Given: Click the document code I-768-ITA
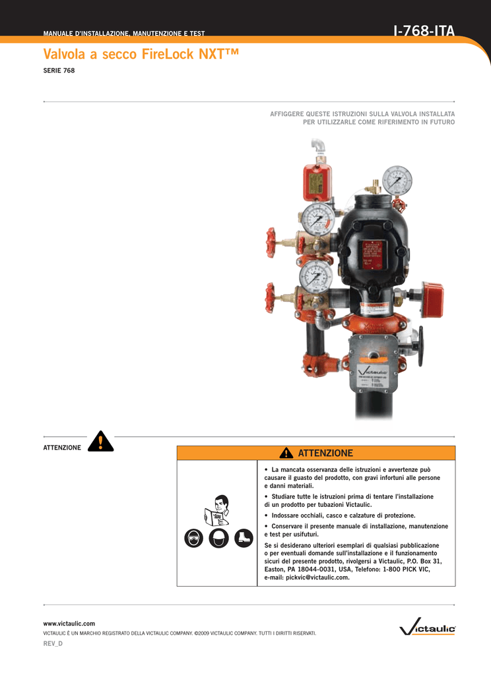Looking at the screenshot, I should point(423,30).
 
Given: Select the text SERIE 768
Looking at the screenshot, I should point(59,71).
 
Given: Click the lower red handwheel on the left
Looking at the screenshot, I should point(271,297).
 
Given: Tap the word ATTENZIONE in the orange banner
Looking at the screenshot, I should point(325,453).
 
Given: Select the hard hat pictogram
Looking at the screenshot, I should point(218,538).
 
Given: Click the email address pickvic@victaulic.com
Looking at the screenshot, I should point(307,577).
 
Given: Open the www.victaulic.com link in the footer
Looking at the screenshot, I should point(69,623).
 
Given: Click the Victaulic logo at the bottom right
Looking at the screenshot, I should point(428,628).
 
